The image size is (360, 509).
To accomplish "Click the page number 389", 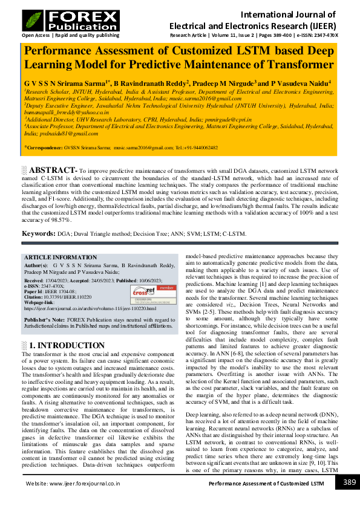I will (x=349, y=483).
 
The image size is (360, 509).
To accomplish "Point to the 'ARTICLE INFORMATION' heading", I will (x=60, y=257).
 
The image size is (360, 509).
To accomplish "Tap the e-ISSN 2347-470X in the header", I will (x=326, y=36).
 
